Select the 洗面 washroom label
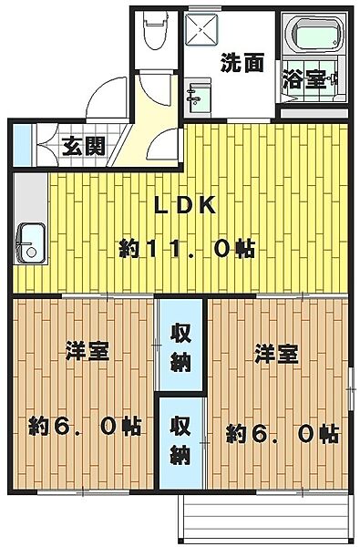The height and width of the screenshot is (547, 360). pyautogui.click(x=242, y=63)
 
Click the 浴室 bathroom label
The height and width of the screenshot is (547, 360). pyautogui.click(x=304, y=79)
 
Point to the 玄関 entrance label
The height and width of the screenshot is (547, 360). pyautogui.click(x=83, y=146)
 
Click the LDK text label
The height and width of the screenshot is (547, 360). pyautogui.click(x=185, y=206)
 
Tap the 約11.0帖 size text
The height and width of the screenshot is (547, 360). pyautogui.click(x=187, y=249)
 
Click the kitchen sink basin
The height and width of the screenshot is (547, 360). pyautogui.click(x=31, y=243)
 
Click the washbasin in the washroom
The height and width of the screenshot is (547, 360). pyautogui.click(x=198, y=98)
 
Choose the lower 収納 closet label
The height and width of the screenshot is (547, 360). pyautogui.click(x=180, y=440)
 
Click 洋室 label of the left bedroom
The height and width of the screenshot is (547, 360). pyautogui.click(x=87, y=352)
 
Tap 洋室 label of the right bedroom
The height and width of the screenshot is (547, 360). pyautogui.click(x=276, y=354)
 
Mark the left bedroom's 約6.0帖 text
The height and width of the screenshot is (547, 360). pyautogui.click(x=85, y=426)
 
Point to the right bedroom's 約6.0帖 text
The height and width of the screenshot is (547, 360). pyautogui.click(x=282, y=434)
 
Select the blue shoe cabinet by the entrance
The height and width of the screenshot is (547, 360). pyautogui.click(x=22, y=145)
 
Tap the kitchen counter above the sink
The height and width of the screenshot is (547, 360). pyautogui.click(x=31, y=198)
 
